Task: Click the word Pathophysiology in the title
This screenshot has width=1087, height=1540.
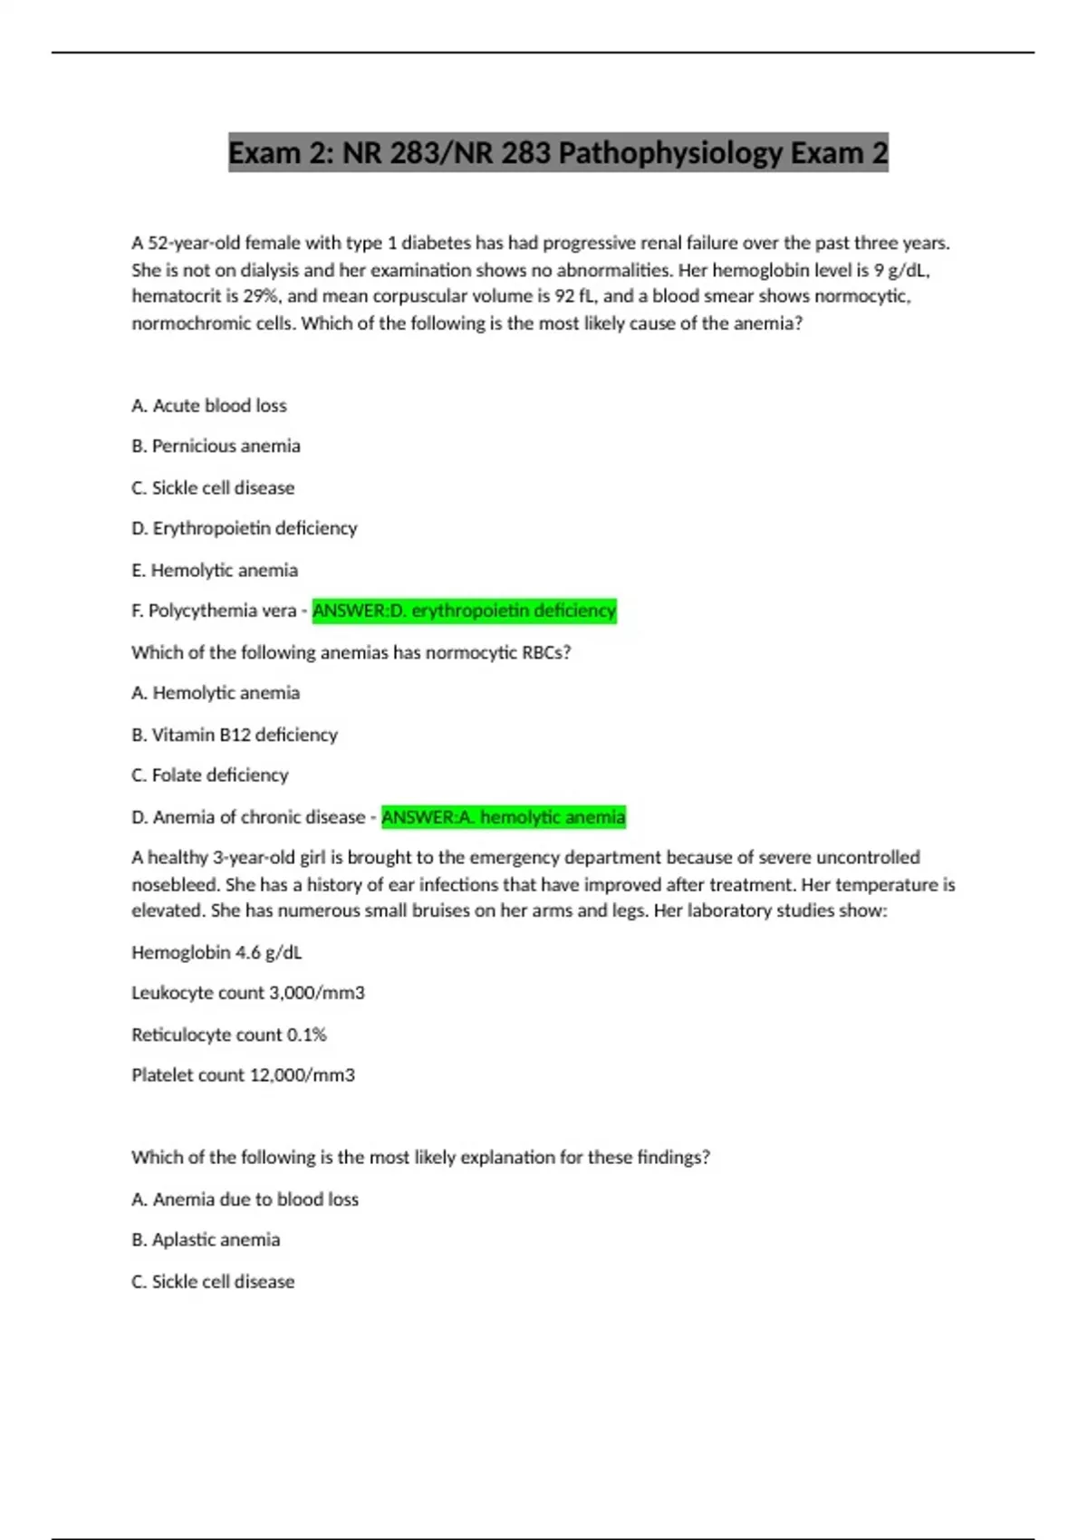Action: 669,152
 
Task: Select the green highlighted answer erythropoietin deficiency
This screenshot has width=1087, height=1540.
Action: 464,611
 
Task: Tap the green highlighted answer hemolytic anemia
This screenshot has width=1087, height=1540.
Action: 504,817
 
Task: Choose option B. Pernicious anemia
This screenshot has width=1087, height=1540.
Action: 216,446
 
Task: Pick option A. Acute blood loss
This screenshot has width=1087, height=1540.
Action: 209,406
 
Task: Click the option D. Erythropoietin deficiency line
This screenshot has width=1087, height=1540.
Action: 245,528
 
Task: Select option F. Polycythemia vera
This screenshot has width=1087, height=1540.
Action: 214,611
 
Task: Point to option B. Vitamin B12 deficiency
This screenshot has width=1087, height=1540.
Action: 235,735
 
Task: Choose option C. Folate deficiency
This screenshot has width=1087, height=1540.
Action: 210,775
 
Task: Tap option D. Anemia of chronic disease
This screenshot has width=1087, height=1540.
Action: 248,817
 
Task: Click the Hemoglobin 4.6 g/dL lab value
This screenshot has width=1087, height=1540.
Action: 216,952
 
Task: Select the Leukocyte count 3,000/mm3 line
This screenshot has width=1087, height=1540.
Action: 248,993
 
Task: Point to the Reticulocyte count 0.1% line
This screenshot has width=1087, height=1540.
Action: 229,1035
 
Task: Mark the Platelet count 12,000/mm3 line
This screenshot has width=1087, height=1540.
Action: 243,1075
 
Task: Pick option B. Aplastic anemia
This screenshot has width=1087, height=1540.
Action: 206,1239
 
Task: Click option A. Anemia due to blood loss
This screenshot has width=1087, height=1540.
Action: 245,1199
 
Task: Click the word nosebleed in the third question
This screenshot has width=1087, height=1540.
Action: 172,884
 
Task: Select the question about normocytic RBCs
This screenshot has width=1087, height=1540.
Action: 351,652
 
